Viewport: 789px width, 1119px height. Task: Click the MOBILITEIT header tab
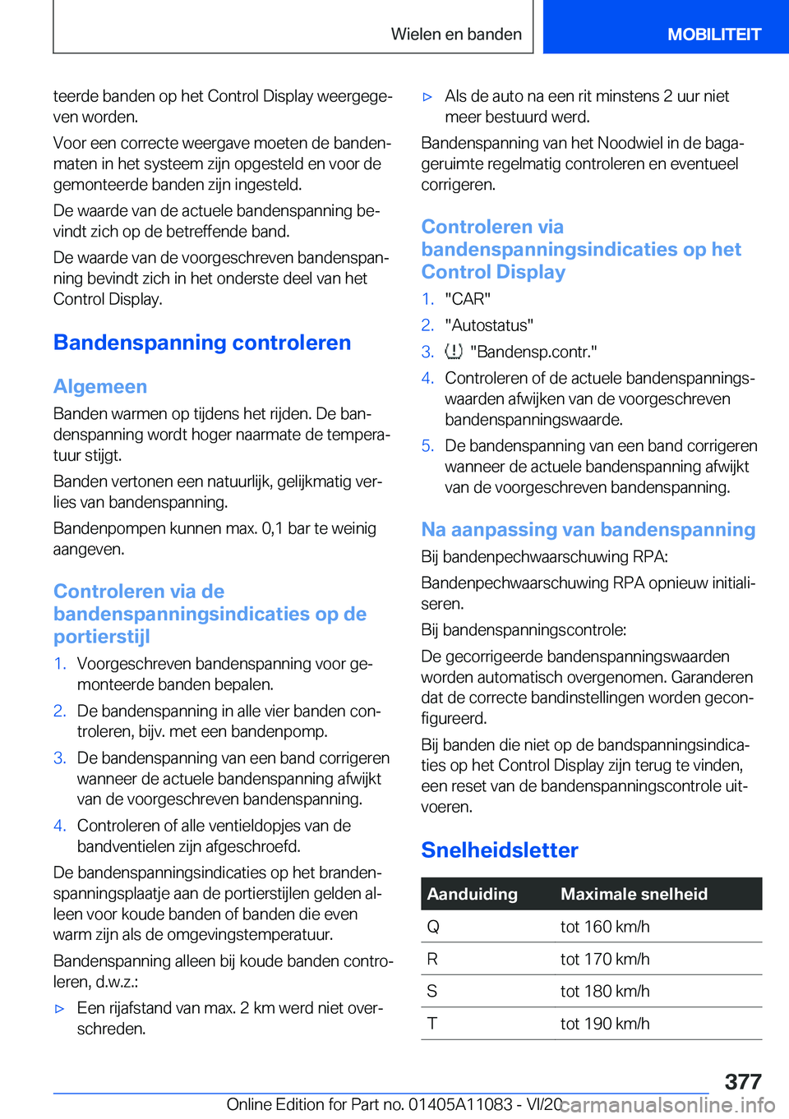coord(713,35)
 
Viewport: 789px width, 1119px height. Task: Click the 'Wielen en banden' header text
coord(456,35)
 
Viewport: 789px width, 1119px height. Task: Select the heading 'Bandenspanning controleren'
coord(202,343)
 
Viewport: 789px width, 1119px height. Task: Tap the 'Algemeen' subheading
coord(100,386)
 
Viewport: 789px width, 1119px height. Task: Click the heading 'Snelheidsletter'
coord(500,850)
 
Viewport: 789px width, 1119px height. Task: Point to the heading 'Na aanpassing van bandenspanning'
coord(588,529)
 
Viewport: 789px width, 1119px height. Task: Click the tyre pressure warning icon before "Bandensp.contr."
coord(454,352)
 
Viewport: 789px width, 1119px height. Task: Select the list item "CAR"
coord(468,299)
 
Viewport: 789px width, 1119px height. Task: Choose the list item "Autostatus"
coord(489,325)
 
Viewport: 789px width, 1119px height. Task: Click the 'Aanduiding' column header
coord(473,894)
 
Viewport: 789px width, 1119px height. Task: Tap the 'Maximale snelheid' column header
coord(634,894)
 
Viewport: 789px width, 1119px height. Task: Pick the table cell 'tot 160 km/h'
coord(605,927)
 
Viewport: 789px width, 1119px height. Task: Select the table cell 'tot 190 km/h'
coord(605,1024)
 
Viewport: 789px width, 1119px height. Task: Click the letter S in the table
coord(432,992)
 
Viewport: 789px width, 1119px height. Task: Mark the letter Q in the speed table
coord(433,927)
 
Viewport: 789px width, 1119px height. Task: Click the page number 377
coord(742,1081)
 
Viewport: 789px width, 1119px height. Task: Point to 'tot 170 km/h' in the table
coord(605,959)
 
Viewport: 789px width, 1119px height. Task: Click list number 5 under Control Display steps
coord(427,446)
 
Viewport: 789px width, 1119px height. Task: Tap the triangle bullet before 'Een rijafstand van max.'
coord(59,1008)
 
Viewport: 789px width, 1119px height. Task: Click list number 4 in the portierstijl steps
coord(59,826)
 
